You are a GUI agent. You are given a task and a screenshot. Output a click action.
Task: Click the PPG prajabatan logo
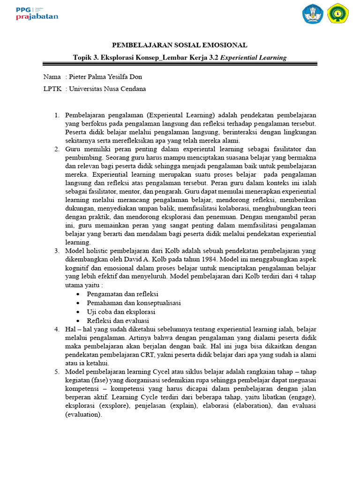(37, 13)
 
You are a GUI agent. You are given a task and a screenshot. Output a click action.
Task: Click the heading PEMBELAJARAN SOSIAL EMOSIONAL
(180, 45)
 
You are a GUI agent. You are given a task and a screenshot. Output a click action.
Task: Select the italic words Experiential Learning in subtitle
(253, 58)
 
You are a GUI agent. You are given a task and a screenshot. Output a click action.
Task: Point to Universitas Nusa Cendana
(107, 89)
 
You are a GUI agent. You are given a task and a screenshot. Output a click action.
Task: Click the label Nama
(52, 77)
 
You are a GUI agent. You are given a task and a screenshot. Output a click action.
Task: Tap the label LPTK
(52, 89)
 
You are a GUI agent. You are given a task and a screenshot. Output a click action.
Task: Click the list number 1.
(57, 115)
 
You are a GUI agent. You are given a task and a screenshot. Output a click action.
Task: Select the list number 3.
(57, 251)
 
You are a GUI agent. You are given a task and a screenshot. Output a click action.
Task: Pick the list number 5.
(57, 372)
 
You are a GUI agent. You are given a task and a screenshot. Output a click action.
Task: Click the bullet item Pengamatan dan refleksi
(116, 294)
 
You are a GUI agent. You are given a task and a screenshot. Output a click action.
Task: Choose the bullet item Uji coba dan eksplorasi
(121, 312)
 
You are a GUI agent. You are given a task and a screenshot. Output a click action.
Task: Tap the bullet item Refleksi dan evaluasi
(118, 321)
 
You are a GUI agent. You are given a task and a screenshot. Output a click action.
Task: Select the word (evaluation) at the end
(83, 415)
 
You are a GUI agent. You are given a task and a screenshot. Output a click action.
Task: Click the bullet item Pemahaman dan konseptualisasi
(134, 303)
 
